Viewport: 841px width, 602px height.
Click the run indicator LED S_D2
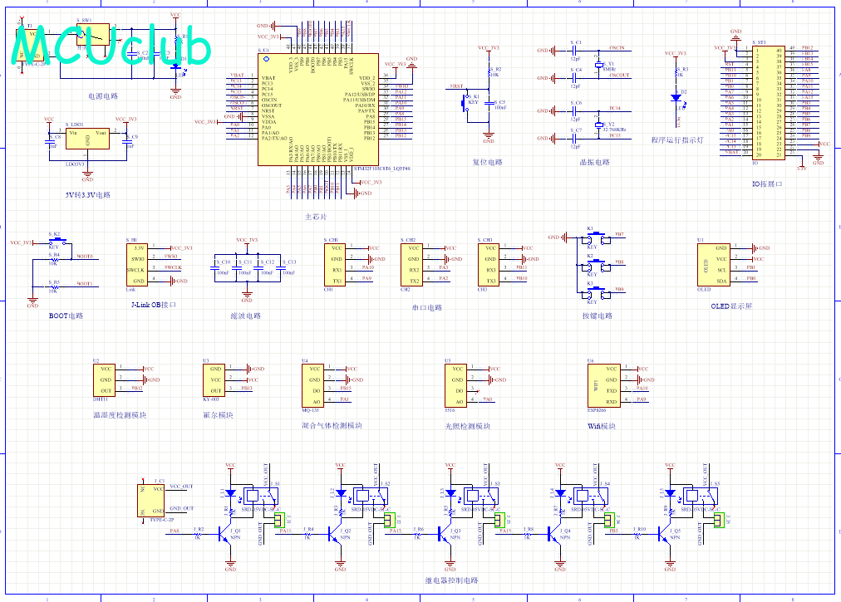point(677,97)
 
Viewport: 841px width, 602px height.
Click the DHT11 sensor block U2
point(106,379)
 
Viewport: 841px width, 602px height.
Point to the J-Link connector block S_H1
point(139,263)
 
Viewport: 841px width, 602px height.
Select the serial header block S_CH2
point(413,264)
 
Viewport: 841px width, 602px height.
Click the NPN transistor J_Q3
point(449,536)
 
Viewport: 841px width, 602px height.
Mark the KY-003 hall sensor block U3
point(214,379)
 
